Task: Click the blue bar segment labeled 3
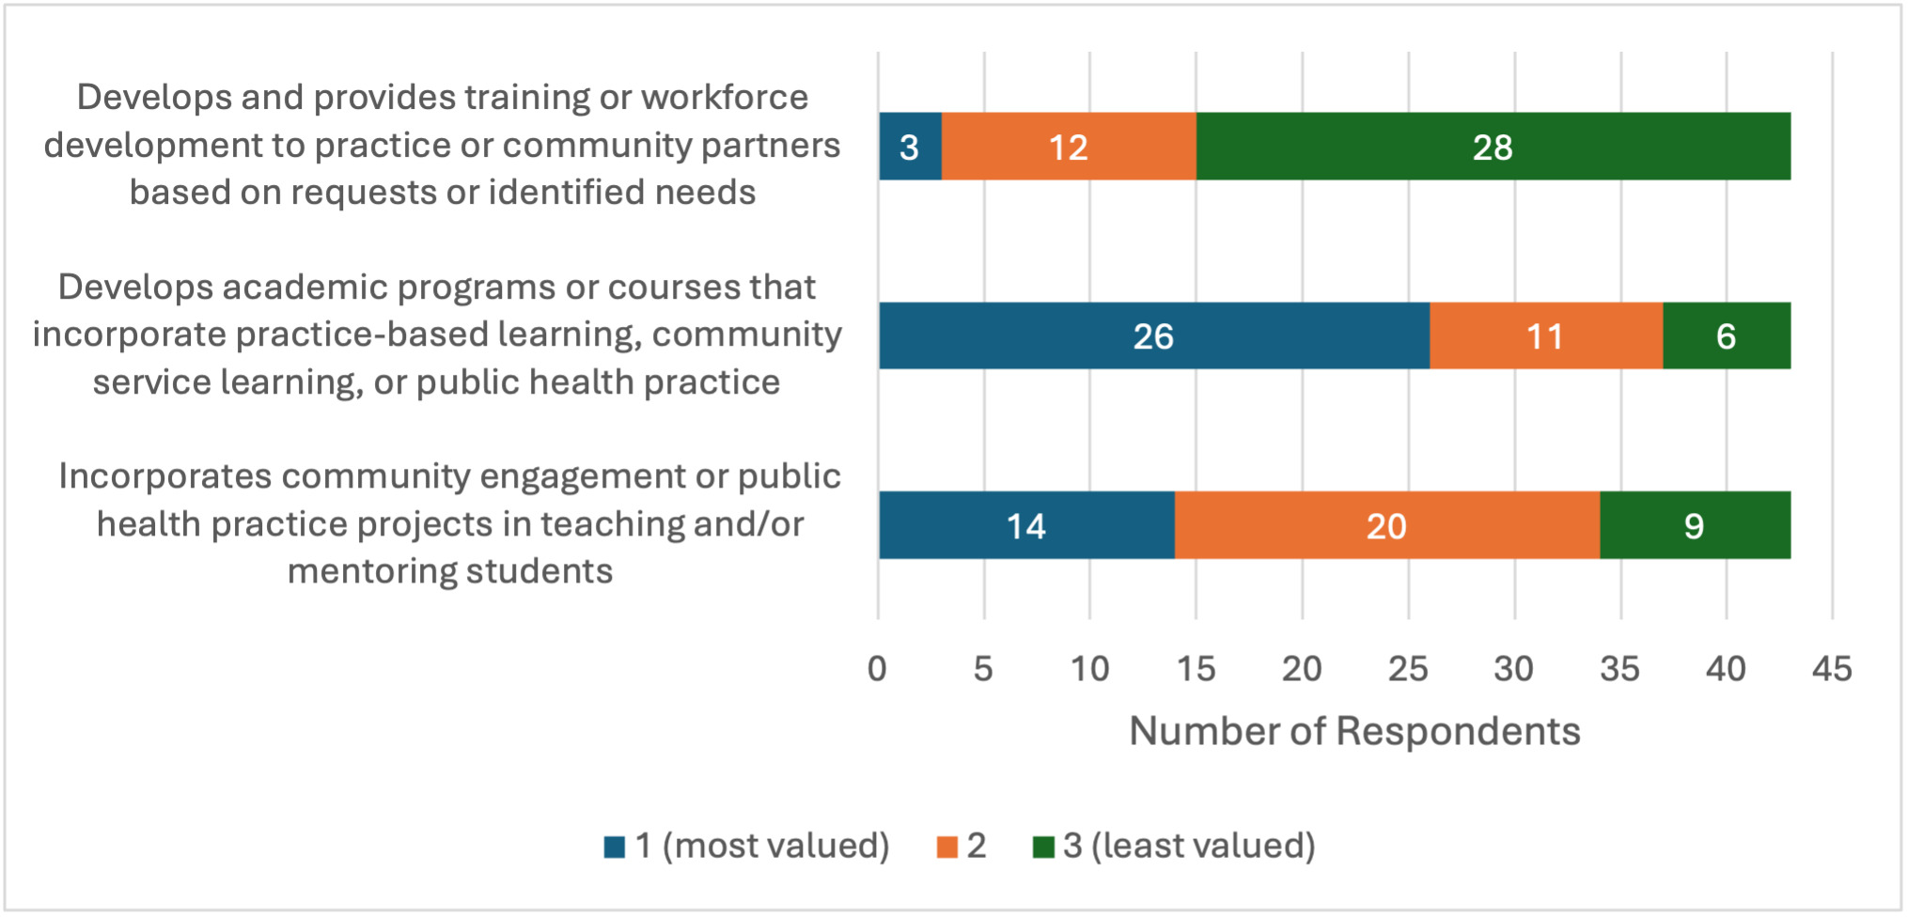[x=910, y=147]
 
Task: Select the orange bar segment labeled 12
[x=1069, y=147]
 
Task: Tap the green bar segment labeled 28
[x=1493, y=147]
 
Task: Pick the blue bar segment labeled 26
[x=1153, y=336]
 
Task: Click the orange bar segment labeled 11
[x=1545, y=336]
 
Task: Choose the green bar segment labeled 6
[x=1727, y=336]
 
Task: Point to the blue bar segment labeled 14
[x=1025, y=526]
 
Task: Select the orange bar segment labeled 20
[x=1386, y=526]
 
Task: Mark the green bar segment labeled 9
[x=1695, y=526]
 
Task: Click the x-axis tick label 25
[x=1408, y=669]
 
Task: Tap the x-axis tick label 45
[x=1832, y=669]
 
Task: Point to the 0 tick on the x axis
[x=877, y=669]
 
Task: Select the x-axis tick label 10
[x=1089, y=669]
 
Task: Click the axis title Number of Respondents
[x=1354, y=731]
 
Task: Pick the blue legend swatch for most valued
[x=615, y=847]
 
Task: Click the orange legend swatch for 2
[x=946, y=847]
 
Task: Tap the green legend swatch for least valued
[x=1042, y=847]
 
